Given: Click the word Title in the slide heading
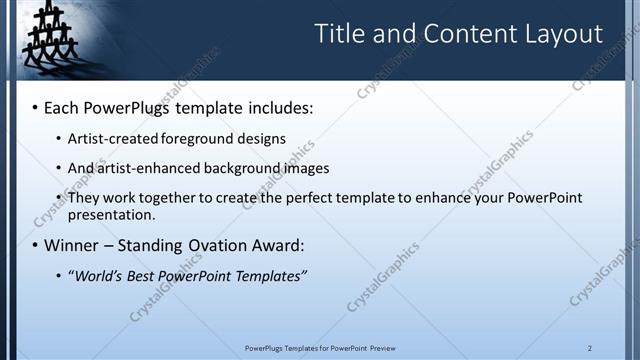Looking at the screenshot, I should coord(340,34).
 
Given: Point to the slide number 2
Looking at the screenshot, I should coord(590,348).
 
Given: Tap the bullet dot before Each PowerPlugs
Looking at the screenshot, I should coord(36,106).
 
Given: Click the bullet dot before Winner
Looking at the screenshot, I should coord(36,245).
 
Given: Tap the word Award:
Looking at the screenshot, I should coord(277,245).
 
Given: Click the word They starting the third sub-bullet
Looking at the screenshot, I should coord(83,198).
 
